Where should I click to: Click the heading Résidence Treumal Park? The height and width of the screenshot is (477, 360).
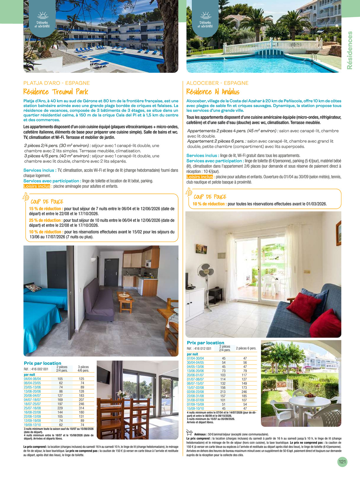tap(55, 92)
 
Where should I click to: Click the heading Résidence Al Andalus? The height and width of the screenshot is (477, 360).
tap(213, 92)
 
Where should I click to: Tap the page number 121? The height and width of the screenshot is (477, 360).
tap(342, 462)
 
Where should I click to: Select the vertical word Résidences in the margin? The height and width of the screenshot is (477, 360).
tap(350, 50)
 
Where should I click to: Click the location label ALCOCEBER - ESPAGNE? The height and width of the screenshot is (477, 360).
tap(217, 83)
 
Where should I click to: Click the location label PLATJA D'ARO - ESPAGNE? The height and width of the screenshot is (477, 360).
tap(57, 83)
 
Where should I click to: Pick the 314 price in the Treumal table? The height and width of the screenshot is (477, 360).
tap(81, 408)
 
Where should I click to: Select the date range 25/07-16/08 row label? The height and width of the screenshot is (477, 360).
tap(32, 408)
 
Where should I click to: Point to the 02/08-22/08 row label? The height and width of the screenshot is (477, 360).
tap(195, 392)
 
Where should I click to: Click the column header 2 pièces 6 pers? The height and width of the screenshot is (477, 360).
tap(246, 348)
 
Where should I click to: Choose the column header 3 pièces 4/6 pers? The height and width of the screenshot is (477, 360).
tap(83, 369)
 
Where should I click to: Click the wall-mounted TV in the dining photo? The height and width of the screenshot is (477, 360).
tap(104, 375)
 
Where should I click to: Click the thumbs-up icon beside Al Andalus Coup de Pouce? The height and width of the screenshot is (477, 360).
tap(189, 192)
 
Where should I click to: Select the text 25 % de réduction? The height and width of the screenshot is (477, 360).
tap(46, 220)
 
